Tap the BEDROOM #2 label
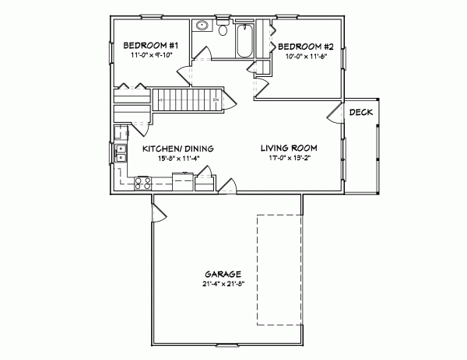point(306,46)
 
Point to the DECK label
point(360,113)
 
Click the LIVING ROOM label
point(289,147)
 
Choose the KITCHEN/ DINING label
point(177,148)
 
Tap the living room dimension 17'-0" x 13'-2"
point(289,157)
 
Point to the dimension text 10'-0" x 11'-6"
point(306,56)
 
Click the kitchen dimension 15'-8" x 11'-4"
point(177,158)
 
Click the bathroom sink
point(202,26)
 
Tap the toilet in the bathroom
point(223,31)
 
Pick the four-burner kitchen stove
point(143,183)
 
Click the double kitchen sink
point(121,153)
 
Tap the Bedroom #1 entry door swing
point(187,75)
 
